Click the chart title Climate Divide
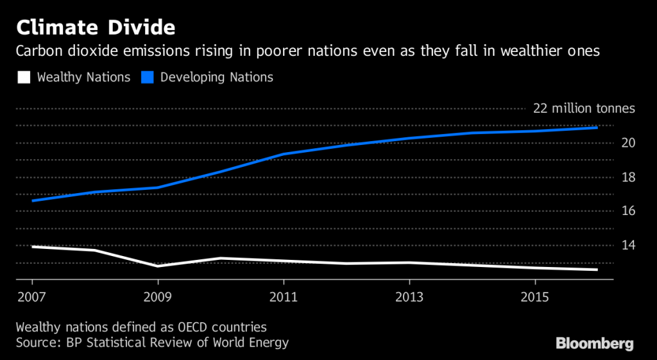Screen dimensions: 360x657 tap(97, 28)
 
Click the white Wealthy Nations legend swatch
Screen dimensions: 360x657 tap(24, 78)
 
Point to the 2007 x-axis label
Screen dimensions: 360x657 tap(31, 296)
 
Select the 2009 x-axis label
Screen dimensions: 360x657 tap(157, 296)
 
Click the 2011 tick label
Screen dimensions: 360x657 tap(284, 296)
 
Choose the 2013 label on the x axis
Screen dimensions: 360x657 tap(409, 296)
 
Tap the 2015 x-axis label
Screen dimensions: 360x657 tap(536, 296)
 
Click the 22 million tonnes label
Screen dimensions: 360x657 tap(584, 108)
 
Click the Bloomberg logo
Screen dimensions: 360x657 tap(594, 343)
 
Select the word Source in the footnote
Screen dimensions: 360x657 tap(38, 342)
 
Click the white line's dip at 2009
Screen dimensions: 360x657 tap(158, 265)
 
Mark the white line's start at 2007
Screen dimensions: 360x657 tap(32, 246)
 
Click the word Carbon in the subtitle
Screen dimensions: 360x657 tap(39, 51)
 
